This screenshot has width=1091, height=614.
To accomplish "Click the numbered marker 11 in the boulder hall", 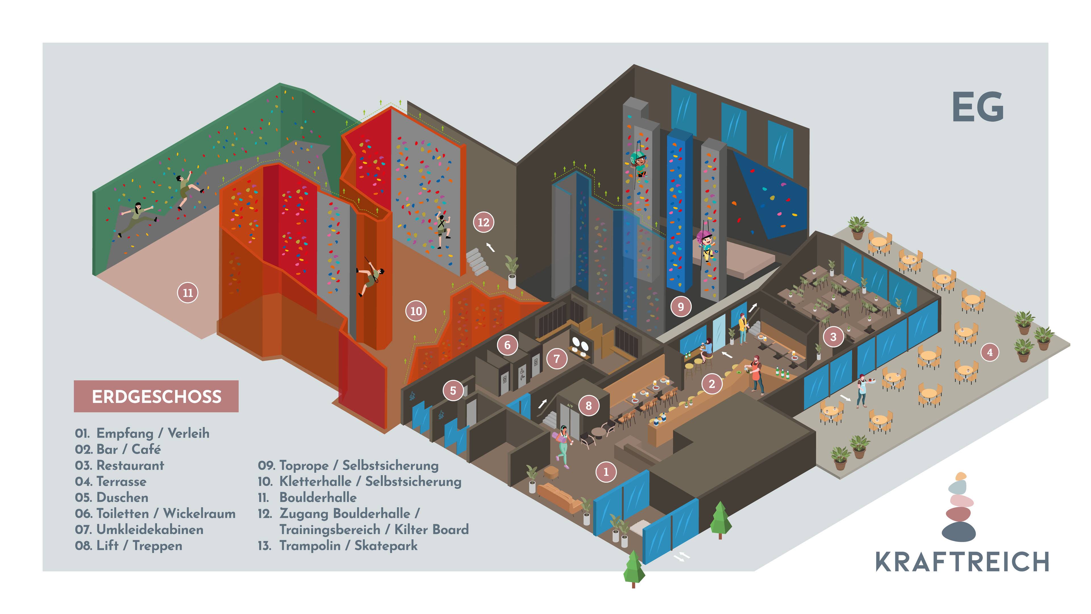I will tap(188, 293).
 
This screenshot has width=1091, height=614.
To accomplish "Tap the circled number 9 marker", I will tap(681, 306).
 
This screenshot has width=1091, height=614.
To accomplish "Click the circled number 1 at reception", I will tap(606, 472).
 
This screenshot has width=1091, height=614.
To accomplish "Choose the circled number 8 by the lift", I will tap(588, 406).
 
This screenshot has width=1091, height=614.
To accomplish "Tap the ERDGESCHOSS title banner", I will tap(156, 397).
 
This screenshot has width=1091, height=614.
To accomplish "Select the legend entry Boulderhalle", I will tap(318, 497).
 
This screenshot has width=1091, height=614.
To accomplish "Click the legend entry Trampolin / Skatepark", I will tap(348, 546).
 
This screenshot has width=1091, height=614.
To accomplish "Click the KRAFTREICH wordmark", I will tap(962, 562).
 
